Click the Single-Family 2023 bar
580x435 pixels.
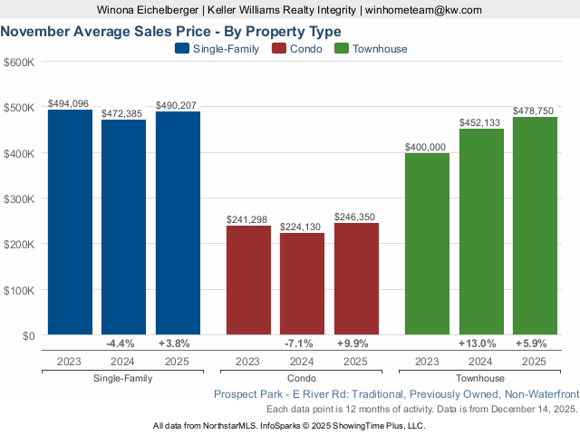[x=70, y=222]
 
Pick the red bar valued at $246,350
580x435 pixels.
[x=356, y=278]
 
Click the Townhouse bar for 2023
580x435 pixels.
[x=427, y=244]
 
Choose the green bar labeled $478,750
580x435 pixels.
[x=535, y=226]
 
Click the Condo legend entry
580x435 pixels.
[x=299, y=49]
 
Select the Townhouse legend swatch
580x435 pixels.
[x=342, y=49]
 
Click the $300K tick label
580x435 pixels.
[x=19, y=198]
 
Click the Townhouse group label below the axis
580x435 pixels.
[x=481, y=378]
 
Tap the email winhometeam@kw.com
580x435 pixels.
[x=424, y=10]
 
